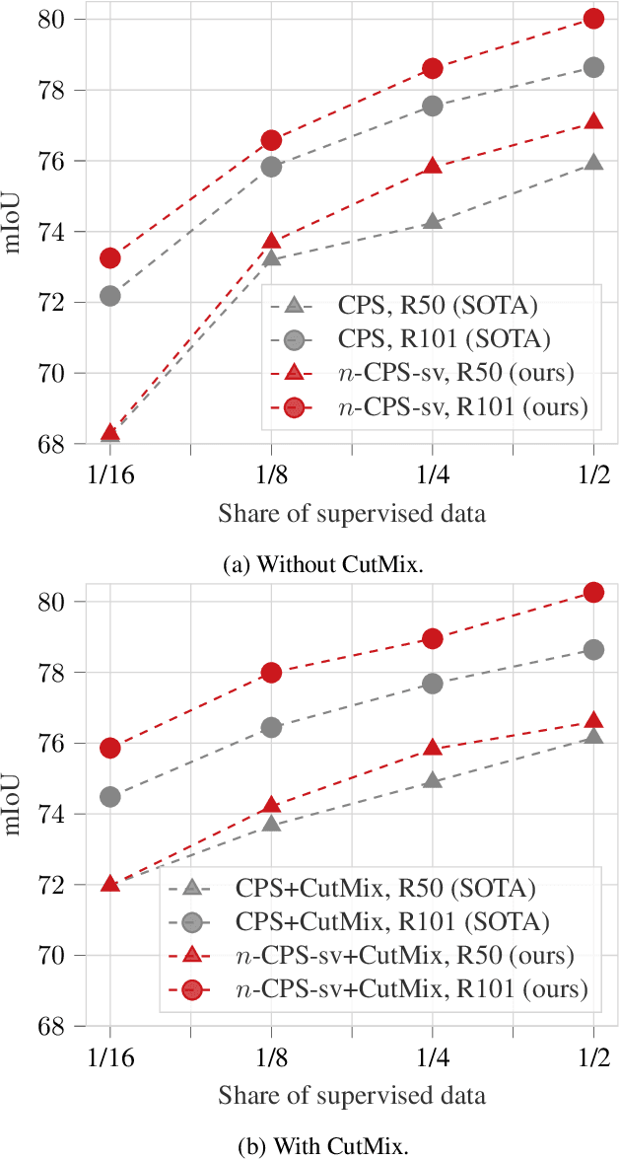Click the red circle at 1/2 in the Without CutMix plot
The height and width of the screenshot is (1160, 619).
593,19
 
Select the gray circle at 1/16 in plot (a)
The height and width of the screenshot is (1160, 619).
110,295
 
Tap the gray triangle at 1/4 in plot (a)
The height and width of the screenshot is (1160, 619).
433,222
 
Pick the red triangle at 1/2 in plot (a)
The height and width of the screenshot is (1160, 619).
593,121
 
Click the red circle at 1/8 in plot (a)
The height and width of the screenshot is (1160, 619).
271,140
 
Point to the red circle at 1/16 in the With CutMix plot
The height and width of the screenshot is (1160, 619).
110,748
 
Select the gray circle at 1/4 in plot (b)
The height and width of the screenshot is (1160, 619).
433,684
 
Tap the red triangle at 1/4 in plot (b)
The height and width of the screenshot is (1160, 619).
433,748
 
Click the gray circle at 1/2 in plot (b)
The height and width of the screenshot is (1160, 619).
593,650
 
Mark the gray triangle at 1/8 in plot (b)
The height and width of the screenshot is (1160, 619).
271,823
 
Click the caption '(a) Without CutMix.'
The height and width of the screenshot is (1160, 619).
309,564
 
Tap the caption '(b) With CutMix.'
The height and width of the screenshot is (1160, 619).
309,1146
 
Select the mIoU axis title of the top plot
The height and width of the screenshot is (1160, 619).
17,231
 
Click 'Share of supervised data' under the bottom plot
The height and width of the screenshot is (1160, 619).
352,1095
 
